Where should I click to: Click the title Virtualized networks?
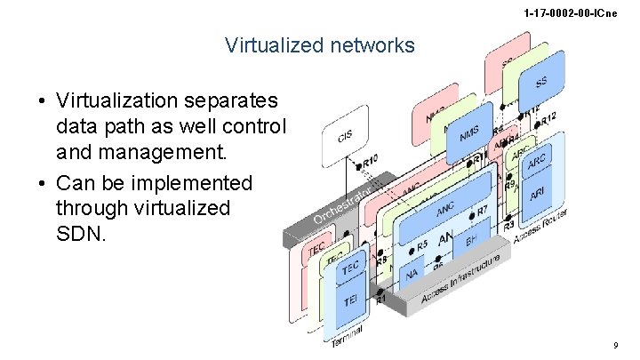pyautogui.click(x=320, y=44)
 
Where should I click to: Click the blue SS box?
pyautogui.click(x=540, y=81)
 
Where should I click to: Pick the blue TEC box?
pyautogui.click(x=350, y=268)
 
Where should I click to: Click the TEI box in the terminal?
pyautogui.click(x=350, y=302)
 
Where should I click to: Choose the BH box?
pyautogui.click(x=471, y=239)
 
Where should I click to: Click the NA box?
pyautogui.click(x=412, y=275)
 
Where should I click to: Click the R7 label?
pyautogui.click(x=482, y=212)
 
